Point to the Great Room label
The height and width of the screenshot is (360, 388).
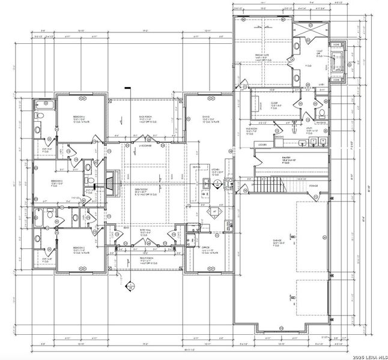click(142, 191)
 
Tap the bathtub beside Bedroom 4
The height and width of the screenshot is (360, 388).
click(47, 107)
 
